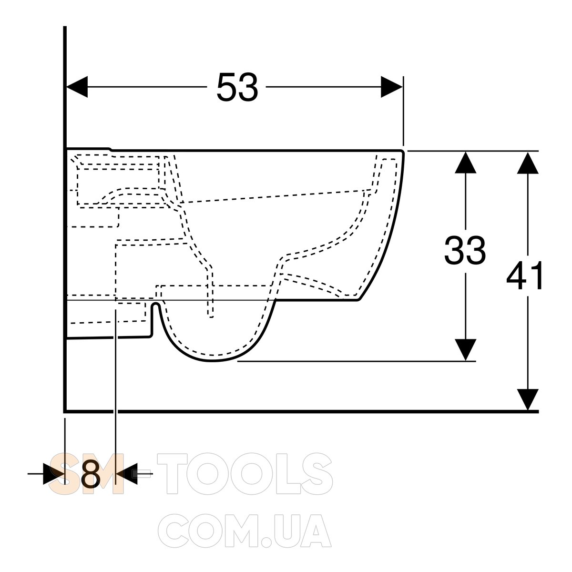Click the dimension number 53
(x=237, y=87)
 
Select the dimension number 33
(x=465, y=250)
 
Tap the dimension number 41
(x=525, y=276)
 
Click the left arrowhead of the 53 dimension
(x=77, y=87)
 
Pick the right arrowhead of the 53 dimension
(x=392, y=87)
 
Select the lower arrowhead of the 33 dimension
(x=465, y=350)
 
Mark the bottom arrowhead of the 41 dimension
(x=528, y=400)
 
